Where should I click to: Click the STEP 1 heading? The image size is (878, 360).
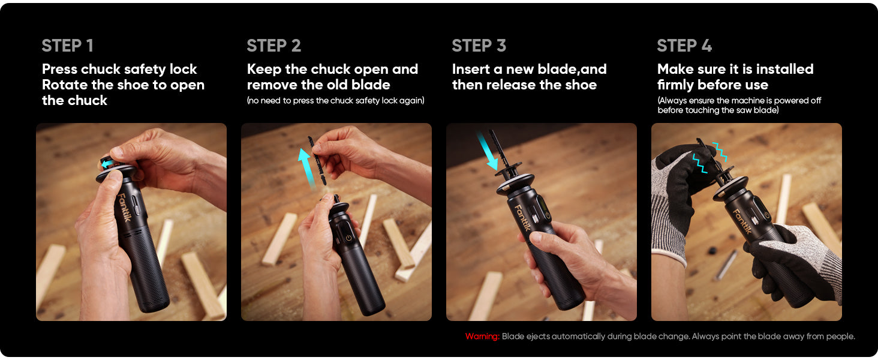coord(67,46)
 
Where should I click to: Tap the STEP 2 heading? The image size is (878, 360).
coord(273,46)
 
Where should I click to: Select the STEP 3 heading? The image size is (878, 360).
coord(479,46)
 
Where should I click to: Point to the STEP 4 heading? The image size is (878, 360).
coord(684,46)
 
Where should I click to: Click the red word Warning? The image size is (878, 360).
coord(482,337)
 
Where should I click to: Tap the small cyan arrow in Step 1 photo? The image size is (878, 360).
coord(107,163)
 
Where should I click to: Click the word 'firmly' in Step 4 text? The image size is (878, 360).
coord(677,85)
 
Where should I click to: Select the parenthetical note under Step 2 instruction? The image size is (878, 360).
coord(335,101)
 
